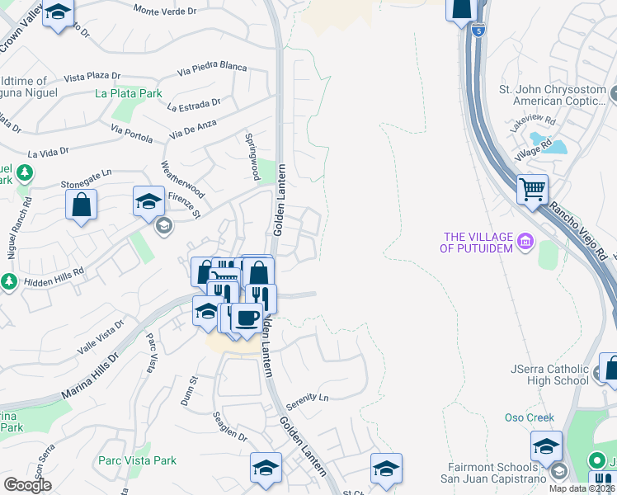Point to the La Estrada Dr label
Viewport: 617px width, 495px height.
coord(194,105)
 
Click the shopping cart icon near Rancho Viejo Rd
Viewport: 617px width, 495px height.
coord(532,189)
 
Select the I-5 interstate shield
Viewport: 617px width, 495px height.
coord(479,30)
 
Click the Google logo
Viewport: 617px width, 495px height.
coord(28,485)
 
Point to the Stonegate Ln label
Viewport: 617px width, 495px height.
coord(84,178)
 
